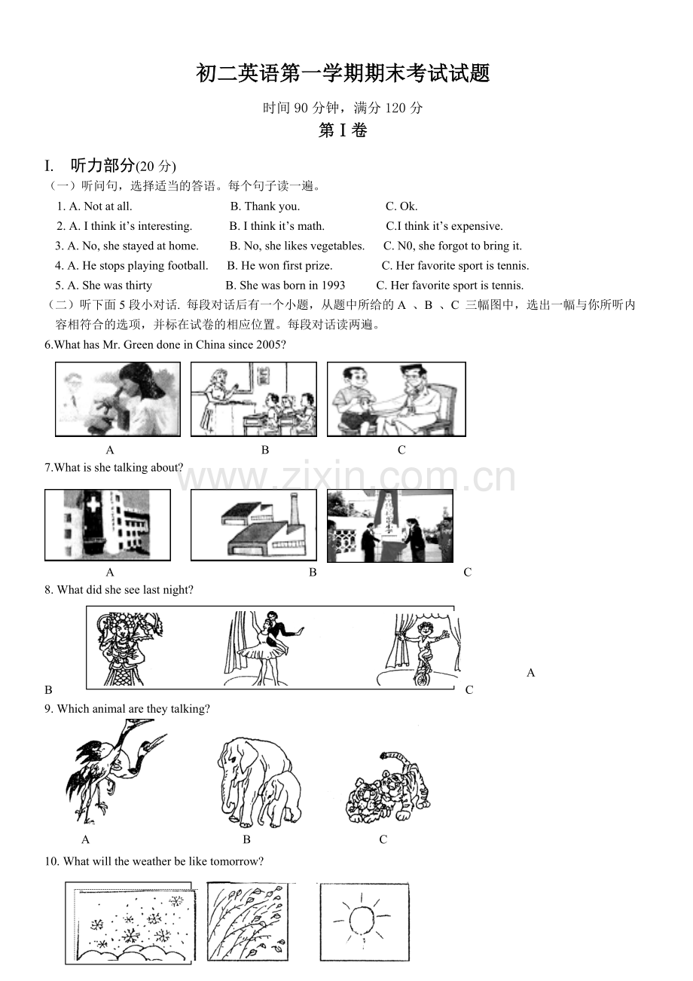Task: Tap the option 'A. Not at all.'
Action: coord(95,206)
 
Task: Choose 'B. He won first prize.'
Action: coord(279,265)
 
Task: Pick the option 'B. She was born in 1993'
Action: coord(285,286)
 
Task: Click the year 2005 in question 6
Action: coord(270,344)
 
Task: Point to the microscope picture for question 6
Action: coord(118,399)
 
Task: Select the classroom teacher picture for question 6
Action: coord(253,399)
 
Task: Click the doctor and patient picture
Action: coord(396,399)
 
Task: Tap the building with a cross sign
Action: coord(108,524)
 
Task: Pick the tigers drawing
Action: coord(388,787)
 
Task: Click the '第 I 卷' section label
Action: coord(343,130)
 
